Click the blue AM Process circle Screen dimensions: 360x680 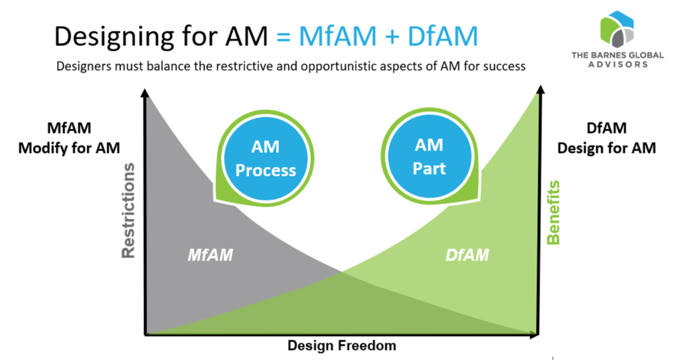[265, 159]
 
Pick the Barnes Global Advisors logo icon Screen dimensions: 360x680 [617, 27]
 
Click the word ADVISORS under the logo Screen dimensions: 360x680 [618, 65]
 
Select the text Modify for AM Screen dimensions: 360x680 [69, 147]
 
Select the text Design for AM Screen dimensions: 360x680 [606, 147]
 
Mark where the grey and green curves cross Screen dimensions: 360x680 [341, 271]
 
